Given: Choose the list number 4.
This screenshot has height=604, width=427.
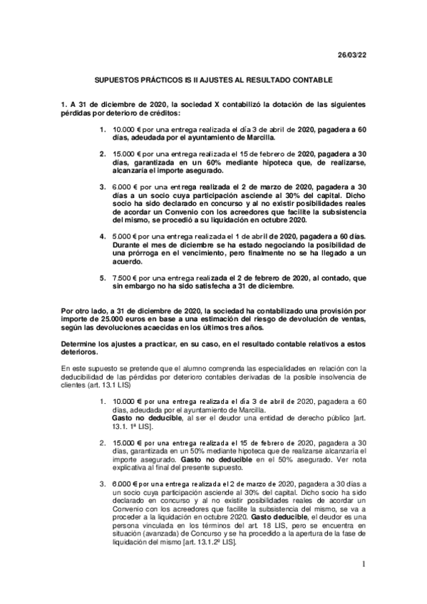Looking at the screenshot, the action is tap(103, 214).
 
